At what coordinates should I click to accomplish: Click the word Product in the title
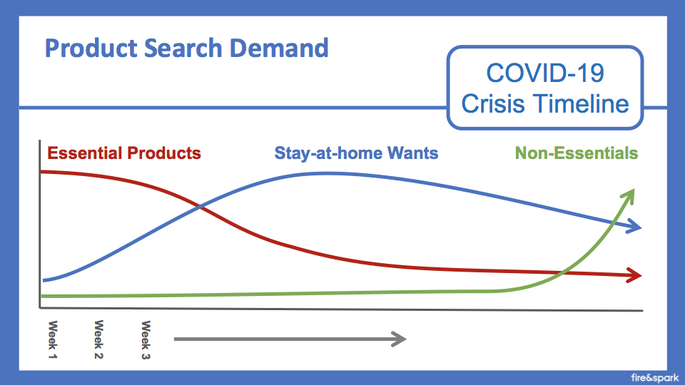tap(91, 48)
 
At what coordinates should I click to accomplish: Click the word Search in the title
tap(183, 48)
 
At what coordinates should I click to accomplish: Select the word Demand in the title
tap(279, 48)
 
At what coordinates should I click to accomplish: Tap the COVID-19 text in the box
tap(545, 73)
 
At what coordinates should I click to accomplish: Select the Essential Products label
tap(124, 153)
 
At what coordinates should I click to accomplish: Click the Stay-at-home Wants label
tap(356, 153)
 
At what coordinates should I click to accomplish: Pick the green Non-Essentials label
tap(577, 153)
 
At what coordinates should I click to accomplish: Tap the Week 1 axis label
tap(52, 339)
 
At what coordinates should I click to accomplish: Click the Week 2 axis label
tap(98, 339)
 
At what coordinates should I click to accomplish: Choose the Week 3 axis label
tap(146, 340)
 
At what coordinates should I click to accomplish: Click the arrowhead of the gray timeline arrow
tap(399, 339)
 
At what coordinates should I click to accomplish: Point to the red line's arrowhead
tap(634, 275)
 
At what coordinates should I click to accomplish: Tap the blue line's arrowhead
tap(634, 226)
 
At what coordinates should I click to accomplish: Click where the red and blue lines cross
tap(200, 207)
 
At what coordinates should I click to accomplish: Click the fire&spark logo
tap(655, 378)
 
